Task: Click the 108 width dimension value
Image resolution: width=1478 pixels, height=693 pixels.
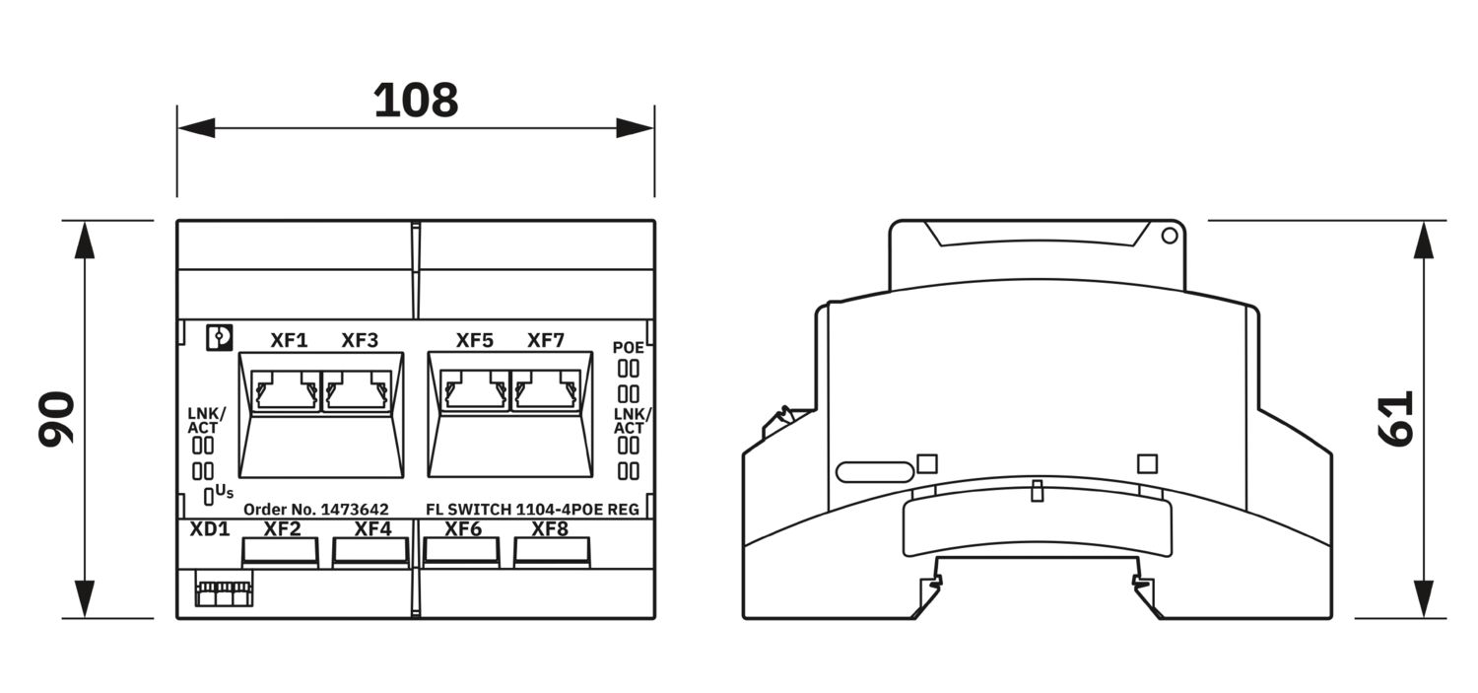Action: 416,101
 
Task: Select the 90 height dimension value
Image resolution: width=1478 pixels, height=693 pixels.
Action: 57,419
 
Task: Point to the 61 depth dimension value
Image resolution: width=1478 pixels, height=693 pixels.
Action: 1396,419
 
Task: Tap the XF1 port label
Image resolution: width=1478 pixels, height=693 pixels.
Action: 289,340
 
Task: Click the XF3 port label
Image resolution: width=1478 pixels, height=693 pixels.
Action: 360,340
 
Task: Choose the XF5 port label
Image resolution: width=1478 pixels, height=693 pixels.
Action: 474,340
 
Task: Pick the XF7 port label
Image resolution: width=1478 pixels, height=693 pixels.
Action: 546,340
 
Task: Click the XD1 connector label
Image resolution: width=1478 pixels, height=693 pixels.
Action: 210,529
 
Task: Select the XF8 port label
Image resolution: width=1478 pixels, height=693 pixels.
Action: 550,529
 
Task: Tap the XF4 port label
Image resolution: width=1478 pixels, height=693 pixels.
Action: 372,529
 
